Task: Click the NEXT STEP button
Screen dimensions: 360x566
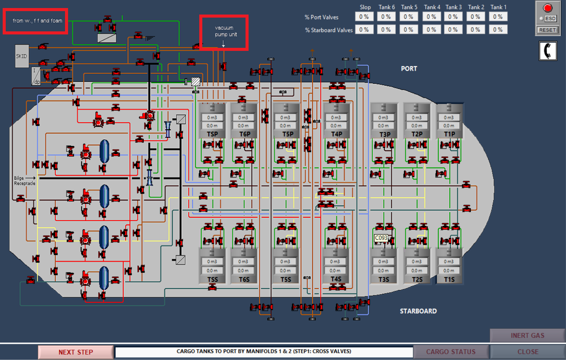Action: pyautogui.click(x=76, y=352)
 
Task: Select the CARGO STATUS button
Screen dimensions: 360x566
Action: pyautogui.click(x=451, y=352)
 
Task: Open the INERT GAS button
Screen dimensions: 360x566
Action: pyautogui.click(x=527, y=336)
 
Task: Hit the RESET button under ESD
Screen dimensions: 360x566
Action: pyautogui.click(x=547, y=30)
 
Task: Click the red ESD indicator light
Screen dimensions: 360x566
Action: pyautogui.click(x=548, y=8)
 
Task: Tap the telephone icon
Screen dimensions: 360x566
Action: pyautogui.click(x=548, y=51)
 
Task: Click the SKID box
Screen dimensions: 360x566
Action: pyautogui.click(x=21, y=56)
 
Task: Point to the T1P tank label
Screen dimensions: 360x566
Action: pyautogui.click(x=449, y=134)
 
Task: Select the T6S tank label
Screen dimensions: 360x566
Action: pyautogui.click(x=244, y=280)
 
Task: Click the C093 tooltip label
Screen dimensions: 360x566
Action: pyautogui.click(x=381, y=238)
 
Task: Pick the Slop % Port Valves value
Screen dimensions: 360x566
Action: pyautogui.click(x=364, y=17)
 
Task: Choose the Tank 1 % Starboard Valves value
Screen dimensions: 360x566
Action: pyautogui.click(x=498, y=29)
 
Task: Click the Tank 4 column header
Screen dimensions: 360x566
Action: pyautogui.click(x=432, y=7)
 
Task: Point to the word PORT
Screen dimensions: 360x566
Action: pyautogui.click(x=409, y=68)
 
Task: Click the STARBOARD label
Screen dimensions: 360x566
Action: pyautogui.click(x=418, y=311)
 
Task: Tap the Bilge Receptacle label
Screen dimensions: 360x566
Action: pyautogui.click(x=24, y=181)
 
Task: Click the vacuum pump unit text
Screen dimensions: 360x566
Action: pyautogui.click(x=225, y=31)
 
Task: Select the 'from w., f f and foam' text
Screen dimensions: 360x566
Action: pyautogui.click(x=37, y=21)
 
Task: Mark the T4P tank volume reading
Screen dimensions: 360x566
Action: pyautogui.click(x=336, y=117)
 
